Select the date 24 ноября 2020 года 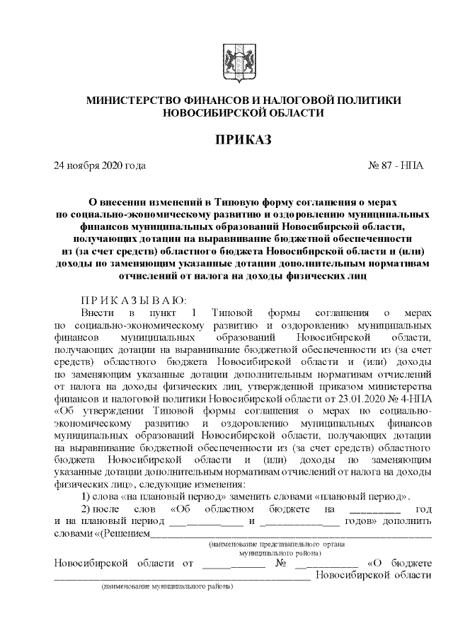click(100, 166)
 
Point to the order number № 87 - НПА click(396, 166)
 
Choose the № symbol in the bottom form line click(281, 563)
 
